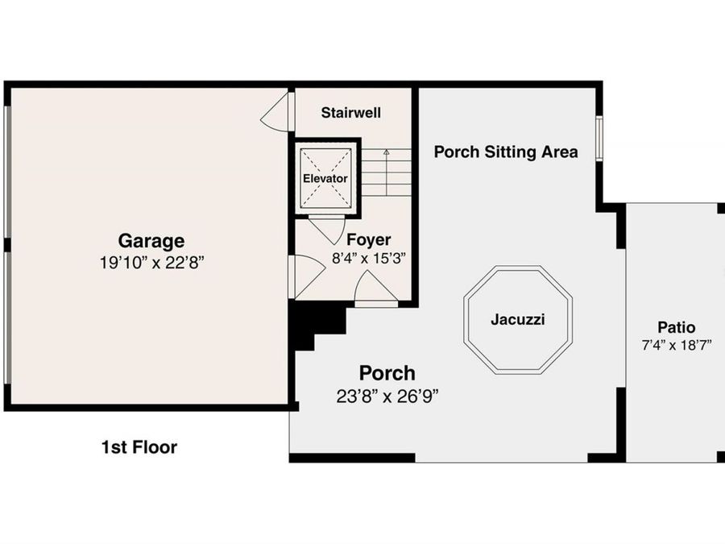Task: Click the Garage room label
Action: click(x=151, y=241)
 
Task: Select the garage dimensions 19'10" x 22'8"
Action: click(x=151, y=263)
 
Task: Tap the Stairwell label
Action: click(x=351, y=112)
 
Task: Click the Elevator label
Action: click(x=325, y=179)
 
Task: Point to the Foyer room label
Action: click(x=368, y=239)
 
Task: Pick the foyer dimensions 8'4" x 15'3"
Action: click(x=368, y=258)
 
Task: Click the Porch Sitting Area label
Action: click(x=506, y=152)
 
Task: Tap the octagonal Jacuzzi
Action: click(x=518, y=320)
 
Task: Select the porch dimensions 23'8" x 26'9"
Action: click(x=387, y=397)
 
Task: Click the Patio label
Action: click(x=677, y=327)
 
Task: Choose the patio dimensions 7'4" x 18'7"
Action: click(x=677, y=346)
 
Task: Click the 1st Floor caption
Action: click(x=139, y=447)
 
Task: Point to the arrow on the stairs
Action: click(x=387, y=172)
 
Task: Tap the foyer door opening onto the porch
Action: click(x=376, y=289)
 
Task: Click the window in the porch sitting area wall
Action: click(x=599, y=139)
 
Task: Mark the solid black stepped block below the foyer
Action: click(x=317, y=323)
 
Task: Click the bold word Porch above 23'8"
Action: click(x=387, y=373)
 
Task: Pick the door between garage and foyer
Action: click(x=306, y=276)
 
